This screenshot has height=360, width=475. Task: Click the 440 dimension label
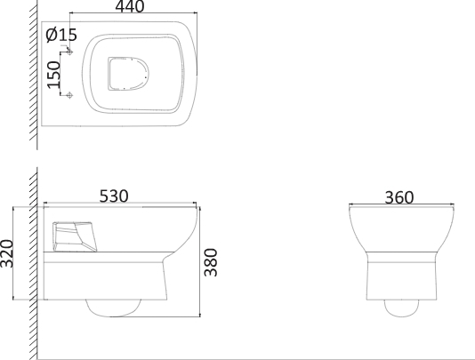[x=130, y=6]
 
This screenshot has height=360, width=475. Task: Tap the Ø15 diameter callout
[x=61, y=35]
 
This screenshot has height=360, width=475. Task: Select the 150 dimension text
[x=54, y=75]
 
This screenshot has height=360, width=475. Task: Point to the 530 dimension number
[x=114, y=196]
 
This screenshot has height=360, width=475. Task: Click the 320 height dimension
[x=6, y=253]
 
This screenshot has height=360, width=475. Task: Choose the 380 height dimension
[x=211, y=262]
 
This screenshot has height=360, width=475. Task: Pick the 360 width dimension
[x=399, y=197]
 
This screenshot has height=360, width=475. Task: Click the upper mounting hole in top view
[x=69, y=52]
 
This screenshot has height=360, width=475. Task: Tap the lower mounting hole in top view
[x=69, y=95]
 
